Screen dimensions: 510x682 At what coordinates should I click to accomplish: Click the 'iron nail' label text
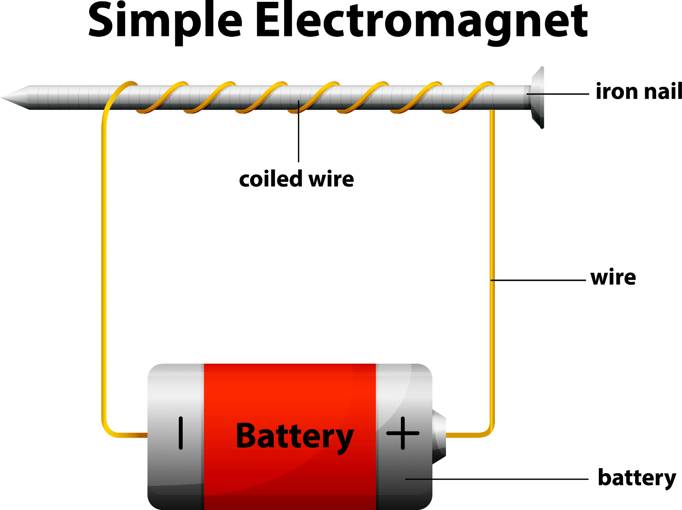click(x=638, y=91)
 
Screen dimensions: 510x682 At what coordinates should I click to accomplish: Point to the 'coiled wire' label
click(x=296, y=179)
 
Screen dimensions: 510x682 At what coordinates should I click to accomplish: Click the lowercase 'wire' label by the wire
click(x=613, y=277)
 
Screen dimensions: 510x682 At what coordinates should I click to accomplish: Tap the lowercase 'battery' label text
click(x=637, y=478)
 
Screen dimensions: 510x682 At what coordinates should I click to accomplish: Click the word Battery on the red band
click(x=295, y=436)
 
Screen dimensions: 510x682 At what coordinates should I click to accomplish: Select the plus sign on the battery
click(x=403, y=433)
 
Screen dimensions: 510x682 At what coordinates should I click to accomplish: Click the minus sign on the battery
click(x=181, y=433)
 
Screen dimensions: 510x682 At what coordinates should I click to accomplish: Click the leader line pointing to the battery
click(x=496, y=479)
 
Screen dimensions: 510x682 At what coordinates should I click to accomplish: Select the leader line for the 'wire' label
click(x=539, y=280)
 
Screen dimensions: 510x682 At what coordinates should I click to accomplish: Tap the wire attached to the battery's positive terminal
click(x=468, y=435)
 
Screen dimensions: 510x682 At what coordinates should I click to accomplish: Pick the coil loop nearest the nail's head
click(x=473, y=97)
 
